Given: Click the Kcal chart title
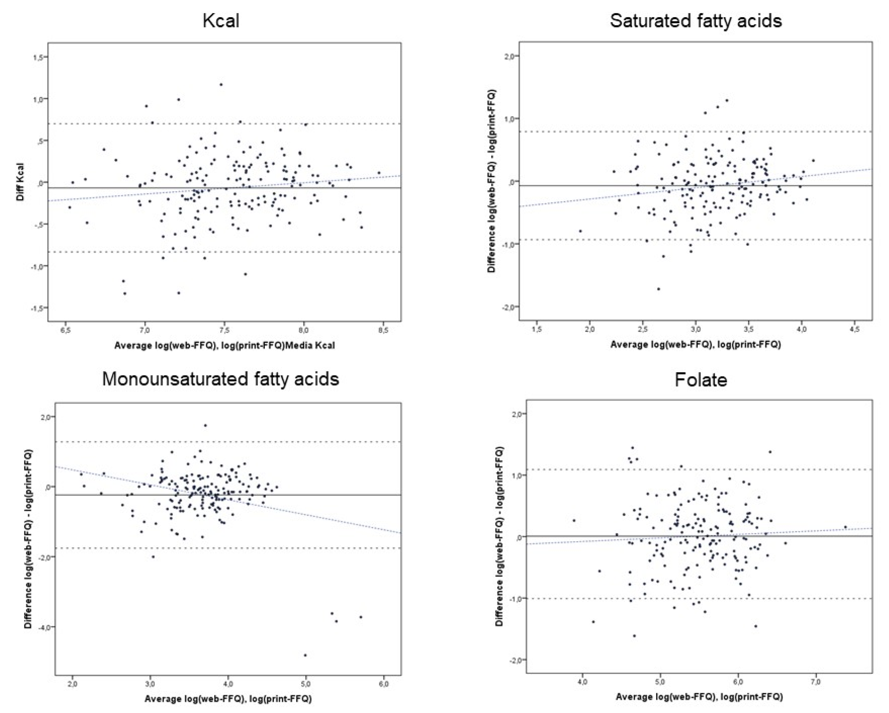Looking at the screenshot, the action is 221,21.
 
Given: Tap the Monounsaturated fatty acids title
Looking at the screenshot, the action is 221,379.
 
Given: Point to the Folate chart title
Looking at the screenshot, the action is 701,380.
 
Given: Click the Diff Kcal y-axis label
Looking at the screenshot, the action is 20,182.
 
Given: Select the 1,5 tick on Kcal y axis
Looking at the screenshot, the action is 38,57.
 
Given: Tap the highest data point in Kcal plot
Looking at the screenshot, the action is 221,85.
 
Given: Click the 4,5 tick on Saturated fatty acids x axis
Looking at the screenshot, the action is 855,330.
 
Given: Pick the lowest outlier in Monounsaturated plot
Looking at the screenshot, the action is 305,655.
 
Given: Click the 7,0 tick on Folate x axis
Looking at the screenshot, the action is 816,682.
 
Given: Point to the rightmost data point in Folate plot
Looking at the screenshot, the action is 845,526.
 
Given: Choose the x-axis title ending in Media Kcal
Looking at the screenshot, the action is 224,345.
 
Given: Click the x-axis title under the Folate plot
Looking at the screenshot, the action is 699,697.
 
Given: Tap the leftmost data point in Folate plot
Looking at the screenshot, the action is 574,521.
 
